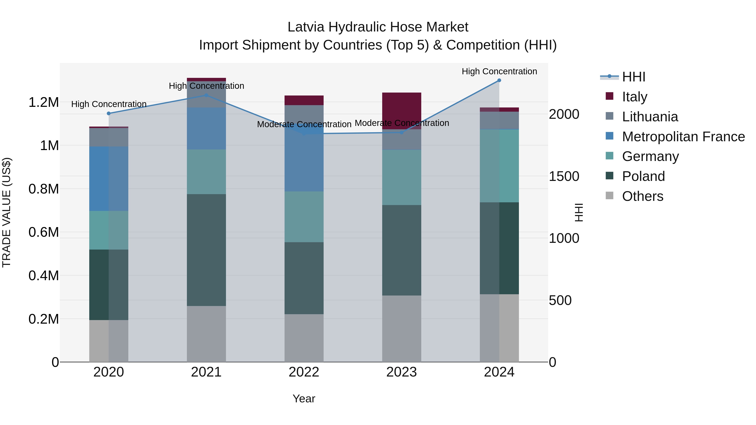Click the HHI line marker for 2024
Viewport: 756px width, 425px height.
coord(499,80)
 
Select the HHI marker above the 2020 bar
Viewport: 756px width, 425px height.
coord(109,114)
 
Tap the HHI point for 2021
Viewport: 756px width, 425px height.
coord(206,95)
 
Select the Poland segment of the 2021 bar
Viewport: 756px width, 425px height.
coord(206,250)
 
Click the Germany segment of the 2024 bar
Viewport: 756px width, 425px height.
coord(499,166)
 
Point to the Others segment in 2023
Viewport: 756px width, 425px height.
coord(402,328)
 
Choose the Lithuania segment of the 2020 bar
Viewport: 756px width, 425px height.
coord(109,137)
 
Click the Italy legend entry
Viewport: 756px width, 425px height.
coord(634,97)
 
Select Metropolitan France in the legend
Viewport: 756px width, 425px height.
coord(683,137)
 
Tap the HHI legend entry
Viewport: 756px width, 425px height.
coord(633,77)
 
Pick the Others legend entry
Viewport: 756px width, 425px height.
coord(642,196)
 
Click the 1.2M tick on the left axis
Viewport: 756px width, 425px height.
coord(43,102)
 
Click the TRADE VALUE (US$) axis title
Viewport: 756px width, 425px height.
coord(7,212)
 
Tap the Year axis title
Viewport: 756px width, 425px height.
coord(304,399)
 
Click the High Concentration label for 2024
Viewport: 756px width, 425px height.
coord(499,71)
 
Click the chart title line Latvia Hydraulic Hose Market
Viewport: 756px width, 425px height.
coord(378,27)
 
